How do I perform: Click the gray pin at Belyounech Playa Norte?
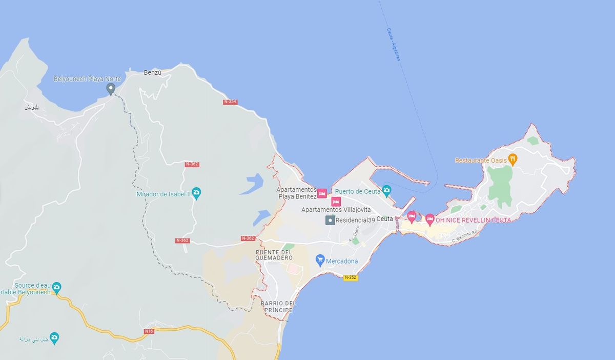pyautogui.click(x=110, y=89)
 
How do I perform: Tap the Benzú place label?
pyautogui.click(x=153, y=73)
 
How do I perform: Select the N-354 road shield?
pyautogui.click(x=230, y=102)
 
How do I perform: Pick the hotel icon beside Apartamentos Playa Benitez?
pyautogui.click(x=322, y=193)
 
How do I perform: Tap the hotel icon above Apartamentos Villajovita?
pyautogui.click(x=336, y=201)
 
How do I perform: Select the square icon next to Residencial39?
pyautogui.click(x=331, y=220)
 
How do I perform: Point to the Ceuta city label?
pyautogui.click(x=384, y=219)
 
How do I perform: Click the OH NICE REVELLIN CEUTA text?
pyautogui.click(x=473, y=220)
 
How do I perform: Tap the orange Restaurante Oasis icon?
pyautogui.click(x=512, y=159)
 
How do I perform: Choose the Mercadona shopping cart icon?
pyautogui.click(x=320, y=260)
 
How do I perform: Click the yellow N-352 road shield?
pyautogui.click(x=351, y=277)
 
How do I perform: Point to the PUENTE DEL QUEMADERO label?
pyautogui.click(x=274, y=255)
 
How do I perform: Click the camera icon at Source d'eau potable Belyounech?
pyautogui.click(x=56, y=287)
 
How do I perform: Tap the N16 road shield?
pyautogui.click(x=149, y=331)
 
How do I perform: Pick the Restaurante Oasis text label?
pyautogui.click(x=480, y=161)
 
